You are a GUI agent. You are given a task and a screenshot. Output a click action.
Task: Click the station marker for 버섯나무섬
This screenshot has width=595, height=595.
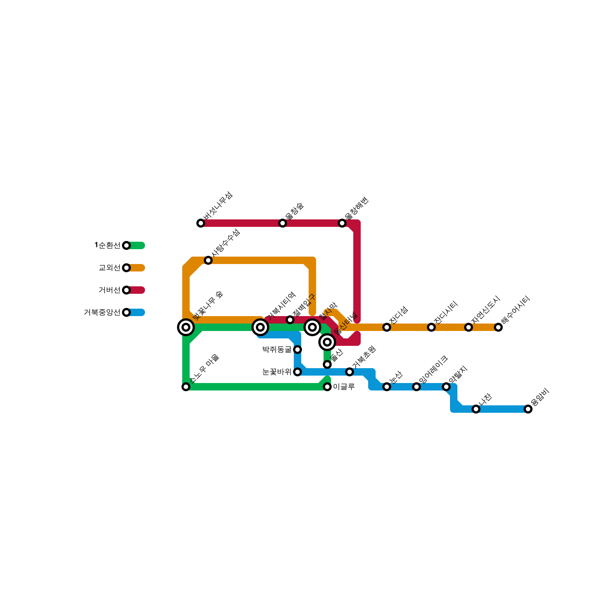pyautogui.click(x=201, y=223)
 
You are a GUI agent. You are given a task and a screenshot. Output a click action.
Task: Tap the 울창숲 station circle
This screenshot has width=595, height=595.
pyautogui.click(x=283, y=223)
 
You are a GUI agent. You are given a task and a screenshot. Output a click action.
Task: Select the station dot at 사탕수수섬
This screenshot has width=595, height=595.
pyautogui.click(x=208, y=260)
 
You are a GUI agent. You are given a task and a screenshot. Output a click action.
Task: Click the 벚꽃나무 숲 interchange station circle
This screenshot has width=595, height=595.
pyautogui.click(x=186, y=327)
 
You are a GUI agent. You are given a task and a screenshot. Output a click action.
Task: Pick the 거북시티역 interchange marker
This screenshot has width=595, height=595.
pyautogui.click(x=260, y=327)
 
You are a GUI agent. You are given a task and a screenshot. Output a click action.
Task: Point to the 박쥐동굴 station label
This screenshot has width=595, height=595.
pyautogui.click(x=277, y=350)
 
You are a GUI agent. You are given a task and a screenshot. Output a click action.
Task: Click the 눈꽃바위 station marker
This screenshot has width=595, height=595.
pyautogui.click(x=297, y=372)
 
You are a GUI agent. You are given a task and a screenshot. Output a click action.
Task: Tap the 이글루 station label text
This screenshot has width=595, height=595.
pyautogui.click(x=344, y=387)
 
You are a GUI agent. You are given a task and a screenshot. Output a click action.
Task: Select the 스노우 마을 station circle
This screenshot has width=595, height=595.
pyautogui.click(x=186, y=387)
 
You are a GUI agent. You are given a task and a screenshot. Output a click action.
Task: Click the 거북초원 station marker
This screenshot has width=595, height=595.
pyautogui.click(x=350, y=372)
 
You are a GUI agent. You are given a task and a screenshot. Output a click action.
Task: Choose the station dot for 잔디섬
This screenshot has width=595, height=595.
pyautogui.click(x=387, y=327)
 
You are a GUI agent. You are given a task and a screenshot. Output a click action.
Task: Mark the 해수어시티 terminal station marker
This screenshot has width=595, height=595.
pyautogui.click(x=498, y=327)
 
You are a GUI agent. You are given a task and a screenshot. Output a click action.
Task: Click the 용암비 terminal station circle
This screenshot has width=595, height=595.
pyautogui.click(x=528, y=409)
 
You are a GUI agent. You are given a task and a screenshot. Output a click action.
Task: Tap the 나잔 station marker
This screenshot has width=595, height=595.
pyautogui.click(x=476, y=409)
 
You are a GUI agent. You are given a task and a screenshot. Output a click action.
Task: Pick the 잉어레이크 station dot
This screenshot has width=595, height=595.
pyautogui.click(x=416, y=387)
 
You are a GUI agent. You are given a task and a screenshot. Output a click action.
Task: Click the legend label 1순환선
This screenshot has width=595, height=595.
pyautogui.click(x=107, y=245)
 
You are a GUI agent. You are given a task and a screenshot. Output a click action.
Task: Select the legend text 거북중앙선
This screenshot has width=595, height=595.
pyautogui.click(x=102, y=312)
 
